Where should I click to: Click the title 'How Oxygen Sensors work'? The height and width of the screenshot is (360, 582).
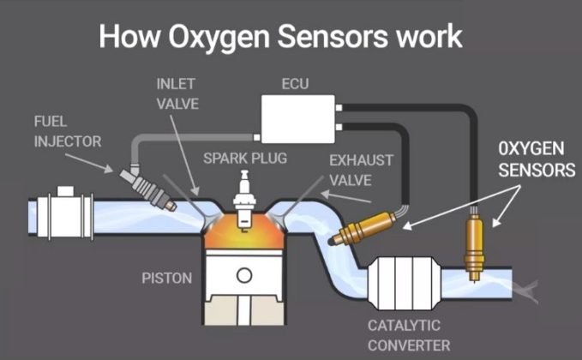[x=280, y=36]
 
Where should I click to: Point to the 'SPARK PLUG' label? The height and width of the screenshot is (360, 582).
[x=245, y=159]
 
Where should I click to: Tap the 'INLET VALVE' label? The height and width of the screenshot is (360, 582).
[x=177, y=94]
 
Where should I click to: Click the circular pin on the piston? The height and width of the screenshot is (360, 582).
[x=245, y=275]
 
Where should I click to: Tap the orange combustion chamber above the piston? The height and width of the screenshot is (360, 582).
[x=245, y=230]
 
